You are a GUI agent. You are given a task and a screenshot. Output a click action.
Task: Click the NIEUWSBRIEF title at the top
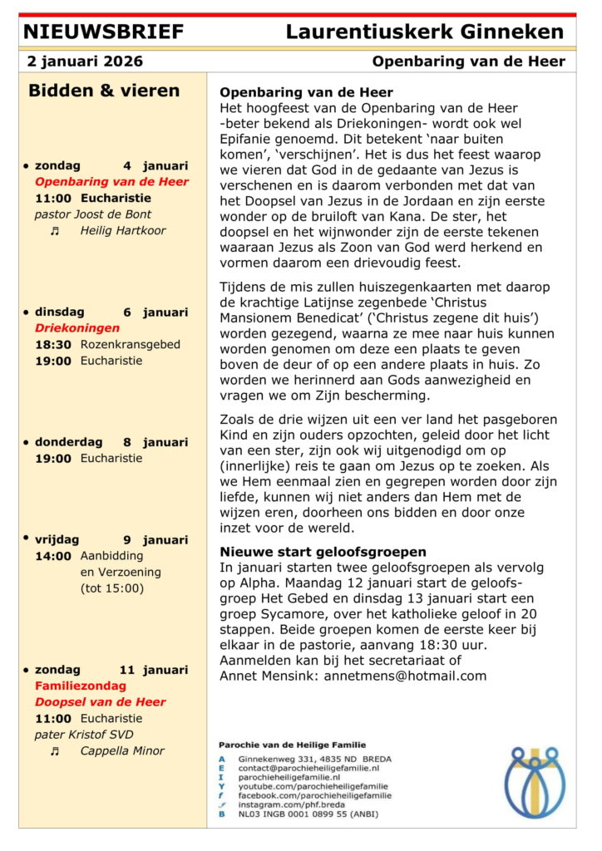[x=104, y=32]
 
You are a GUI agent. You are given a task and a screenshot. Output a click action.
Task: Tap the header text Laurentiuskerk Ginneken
[x=425, y=32]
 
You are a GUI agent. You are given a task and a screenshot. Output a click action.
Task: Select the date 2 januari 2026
[x=85, y=61]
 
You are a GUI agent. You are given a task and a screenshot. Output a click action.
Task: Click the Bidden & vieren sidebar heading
[x=104, y=91]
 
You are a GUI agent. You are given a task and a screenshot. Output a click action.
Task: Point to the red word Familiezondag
[x=81, y=686]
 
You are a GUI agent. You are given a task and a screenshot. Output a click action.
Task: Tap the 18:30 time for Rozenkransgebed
[x=53, y=344]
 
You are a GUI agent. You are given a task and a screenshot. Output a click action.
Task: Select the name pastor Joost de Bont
[x=87, y=214]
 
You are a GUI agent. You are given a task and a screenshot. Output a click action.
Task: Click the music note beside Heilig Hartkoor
[x=55, y=231]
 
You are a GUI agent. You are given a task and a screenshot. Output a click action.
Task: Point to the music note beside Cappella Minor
[x=55, y=751]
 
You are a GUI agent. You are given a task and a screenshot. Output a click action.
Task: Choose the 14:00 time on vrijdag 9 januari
[x=53, y=556]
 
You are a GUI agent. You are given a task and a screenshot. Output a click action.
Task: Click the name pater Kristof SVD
[x=83, y=735]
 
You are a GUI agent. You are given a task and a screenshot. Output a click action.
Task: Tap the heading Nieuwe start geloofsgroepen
[x=323, y=552]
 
